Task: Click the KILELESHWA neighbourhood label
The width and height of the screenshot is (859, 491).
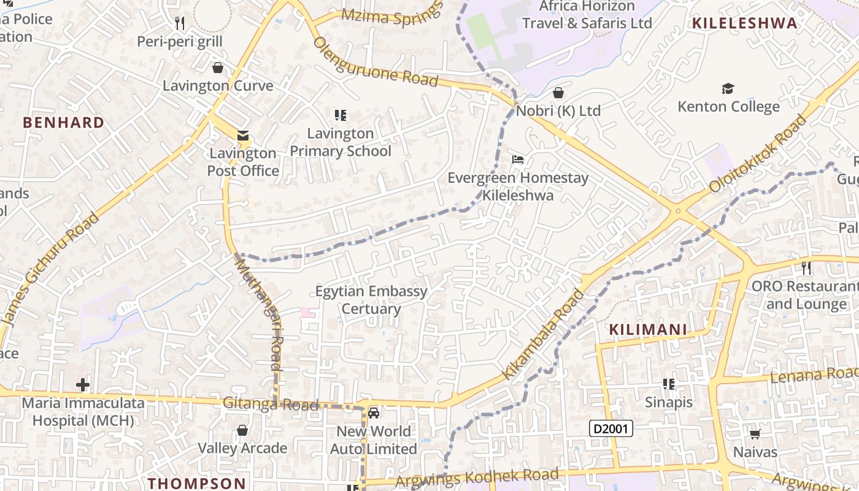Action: (745, 24)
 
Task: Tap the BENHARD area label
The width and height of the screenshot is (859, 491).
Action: (64, 123)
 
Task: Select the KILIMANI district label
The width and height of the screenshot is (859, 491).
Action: (648, 330)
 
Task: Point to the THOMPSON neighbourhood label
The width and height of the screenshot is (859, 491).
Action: (198, 483)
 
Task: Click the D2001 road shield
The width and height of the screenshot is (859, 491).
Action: (611, 428)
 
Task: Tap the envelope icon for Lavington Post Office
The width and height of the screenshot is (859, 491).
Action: (244, 136)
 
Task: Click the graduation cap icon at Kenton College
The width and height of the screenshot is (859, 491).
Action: (728, 89)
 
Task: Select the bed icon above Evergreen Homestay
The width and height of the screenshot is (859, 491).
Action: (518, 160)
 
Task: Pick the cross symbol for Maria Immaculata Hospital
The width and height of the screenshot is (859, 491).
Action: (83, 385)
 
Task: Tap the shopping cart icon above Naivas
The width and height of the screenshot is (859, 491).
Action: (755, 434)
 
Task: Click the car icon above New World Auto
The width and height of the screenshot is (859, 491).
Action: (374, 412)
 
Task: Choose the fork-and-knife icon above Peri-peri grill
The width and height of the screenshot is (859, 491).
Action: (180, 23)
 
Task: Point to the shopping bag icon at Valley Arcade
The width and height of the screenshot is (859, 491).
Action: (242, 430)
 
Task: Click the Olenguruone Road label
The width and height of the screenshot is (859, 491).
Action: (376, 63)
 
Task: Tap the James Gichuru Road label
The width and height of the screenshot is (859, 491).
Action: (50, 269)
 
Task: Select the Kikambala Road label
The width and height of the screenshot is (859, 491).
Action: (544, 334)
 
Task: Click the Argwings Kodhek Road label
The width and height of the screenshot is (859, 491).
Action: (477, 477)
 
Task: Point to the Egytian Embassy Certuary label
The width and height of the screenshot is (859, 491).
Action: (371, 300)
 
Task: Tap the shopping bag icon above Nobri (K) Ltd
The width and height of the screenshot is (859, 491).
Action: (558, 93)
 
